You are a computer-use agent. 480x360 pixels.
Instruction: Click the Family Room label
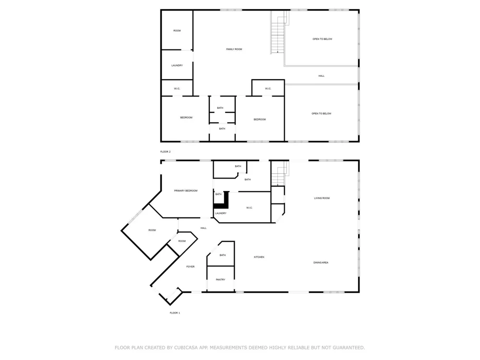[234, 49]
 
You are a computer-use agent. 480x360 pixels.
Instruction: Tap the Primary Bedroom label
[186, 191]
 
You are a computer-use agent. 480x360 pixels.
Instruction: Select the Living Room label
[322, 198]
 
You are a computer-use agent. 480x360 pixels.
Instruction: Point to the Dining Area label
[321, 263]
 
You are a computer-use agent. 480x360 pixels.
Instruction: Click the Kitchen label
[259, 257]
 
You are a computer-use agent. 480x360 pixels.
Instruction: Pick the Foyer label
[191, 266]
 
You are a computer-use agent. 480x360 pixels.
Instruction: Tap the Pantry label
[220, 279]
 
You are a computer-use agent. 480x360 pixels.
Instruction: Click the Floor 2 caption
[165, 152]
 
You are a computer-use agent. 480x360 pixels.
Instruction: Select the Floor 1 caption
[175, 313]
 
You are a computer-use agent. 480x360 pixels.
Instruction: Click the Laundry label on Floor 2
[177, 65]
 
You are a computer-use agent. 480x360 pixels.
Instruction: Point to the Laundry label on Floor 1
[221, 213]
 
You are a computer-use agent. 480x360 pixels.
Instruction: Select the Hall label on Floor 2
[322, 76]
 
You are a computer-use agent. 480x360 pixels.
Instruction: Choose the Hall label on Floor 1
[204, 228]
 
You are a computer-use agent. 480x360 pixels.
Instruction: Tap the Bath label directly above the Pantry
[223, 255]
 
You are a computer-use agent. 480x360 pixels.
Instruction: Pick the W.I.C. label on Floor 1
[249, 208]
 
